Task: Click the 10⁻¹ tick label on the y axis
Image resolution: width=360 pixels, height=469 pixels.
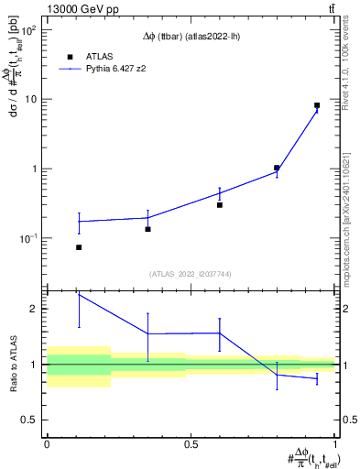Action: (27, 238)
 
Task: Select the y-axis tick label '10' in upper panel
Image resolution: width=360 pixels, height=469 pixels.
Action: (30, 99)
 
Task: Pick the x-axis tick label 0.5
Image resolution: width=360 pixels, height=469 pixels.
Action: (191, 444)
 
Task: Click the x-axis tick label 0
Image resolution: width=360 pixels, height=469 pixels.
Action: (47, 444)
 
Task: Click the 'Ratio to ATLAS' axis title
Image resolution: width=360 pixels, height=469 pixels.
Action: (12, 365)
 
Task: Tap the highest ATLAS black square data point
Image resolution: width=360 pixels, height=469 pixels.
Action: (317, 105)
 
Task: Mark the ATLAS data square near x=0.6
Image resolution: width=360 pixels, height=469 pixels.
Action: (220, 205)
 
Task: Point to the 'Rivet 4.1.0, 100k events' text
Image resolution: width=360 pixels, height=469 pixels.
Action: (345, 64)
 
